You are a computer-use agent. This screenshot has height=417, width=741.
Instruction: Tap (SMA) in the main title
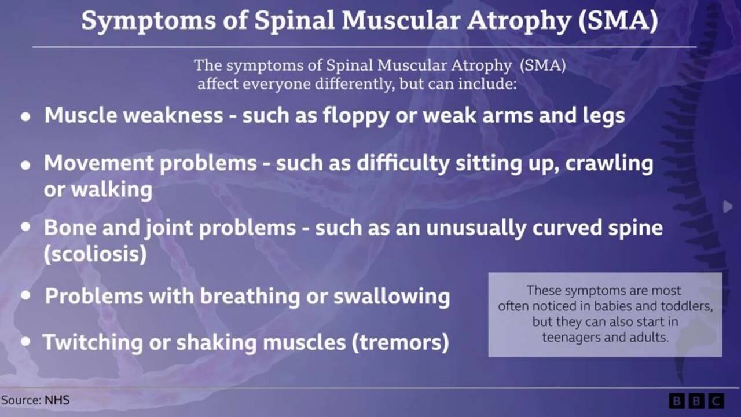[x=618, y=20]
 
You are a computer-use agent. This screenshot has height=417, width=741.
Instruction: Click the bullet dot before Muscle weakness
[x=26, y=116]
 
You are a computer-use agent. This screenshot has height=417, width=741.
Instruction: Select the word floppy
[x=356, y=116]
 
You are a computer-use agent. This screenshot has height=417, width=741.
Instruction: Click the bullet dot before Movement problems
[x=26, y=165]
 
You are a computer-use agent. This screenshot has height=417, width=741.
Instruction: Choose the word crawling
[x=610, y=164]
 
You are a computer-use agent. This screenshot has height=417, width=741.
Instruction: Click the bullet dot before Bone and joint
[x=26, y=226]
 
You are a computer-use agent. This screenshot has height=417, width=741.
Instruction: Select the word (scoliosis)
[x=96, y=254]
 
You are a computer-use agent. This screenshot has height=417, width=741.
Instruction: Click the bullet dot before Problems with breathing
[x=26, y=295]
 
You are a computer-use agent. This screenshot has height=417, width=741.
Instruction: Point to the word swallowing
[x=392, y=296]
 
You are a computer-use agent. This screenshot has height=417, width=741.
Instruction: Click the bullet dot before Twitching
[x=26, y=341]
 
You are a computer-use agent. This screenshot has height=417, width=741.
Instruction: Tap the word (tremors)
[x=401, y=342]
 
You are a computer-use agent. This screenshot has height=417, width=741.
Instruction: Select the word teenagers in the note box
[x=571, y=338]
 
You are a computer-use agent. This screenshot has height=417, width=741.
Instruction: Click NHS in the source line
[x=57, y=400]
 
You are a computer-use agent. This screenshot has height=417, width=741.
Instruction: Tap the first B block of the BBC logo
[x=677, y=401]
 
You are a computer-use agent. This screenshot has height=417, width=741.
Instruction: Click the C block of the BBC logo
[x=716, y=401]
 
